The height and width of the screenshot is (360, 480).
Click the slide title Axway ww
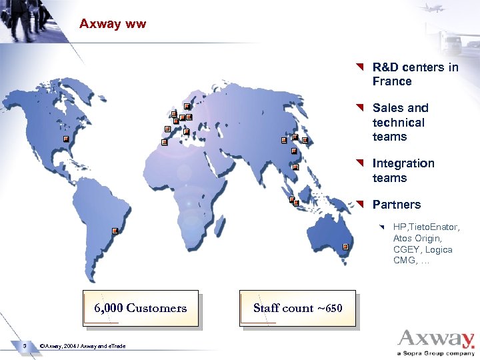pos(112,24)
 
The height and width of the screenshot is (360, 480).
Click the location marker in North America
pos(66,139)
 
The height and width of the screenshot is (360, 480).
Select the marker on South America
pos(115,231)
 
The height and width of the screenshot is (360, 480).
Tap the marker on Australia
pos(345,247)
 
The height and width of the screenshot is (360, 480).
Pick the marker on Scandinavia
pos(187,107)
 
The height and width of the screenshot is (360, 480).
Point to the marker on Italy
pos(187,132)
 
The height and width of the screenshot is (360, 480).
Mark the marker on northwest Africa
pos(164,142)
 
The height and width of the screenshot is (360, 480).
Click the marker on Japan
pos(305,140)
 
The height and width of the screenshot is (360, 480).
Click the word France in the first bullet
pos(392,81)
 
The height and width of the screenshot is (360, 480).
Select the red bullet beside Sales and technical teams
pos(360,107)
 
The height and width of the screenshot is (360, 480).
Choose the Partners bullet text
pos(397,205)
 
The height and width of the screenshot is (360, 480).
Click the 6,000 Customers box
pos(141,308)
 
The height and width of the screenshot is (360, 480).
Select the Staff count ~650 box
pos(297,308)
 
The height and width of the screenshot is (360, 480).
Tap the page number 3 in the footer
pos(23,345)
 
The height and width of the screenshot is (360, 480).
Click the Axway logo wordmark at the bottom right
pos(436,338)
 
